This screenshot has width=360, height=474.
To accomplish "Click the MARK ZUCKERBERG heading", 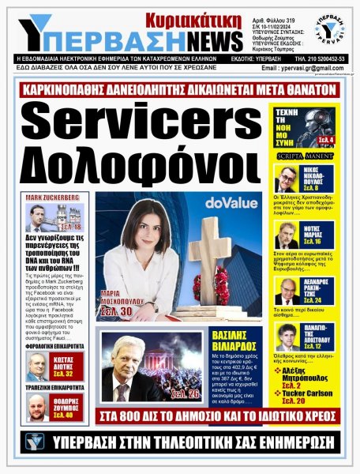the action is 52,196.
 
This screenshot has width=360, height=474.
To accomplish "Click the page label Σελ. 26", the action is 184,393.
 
